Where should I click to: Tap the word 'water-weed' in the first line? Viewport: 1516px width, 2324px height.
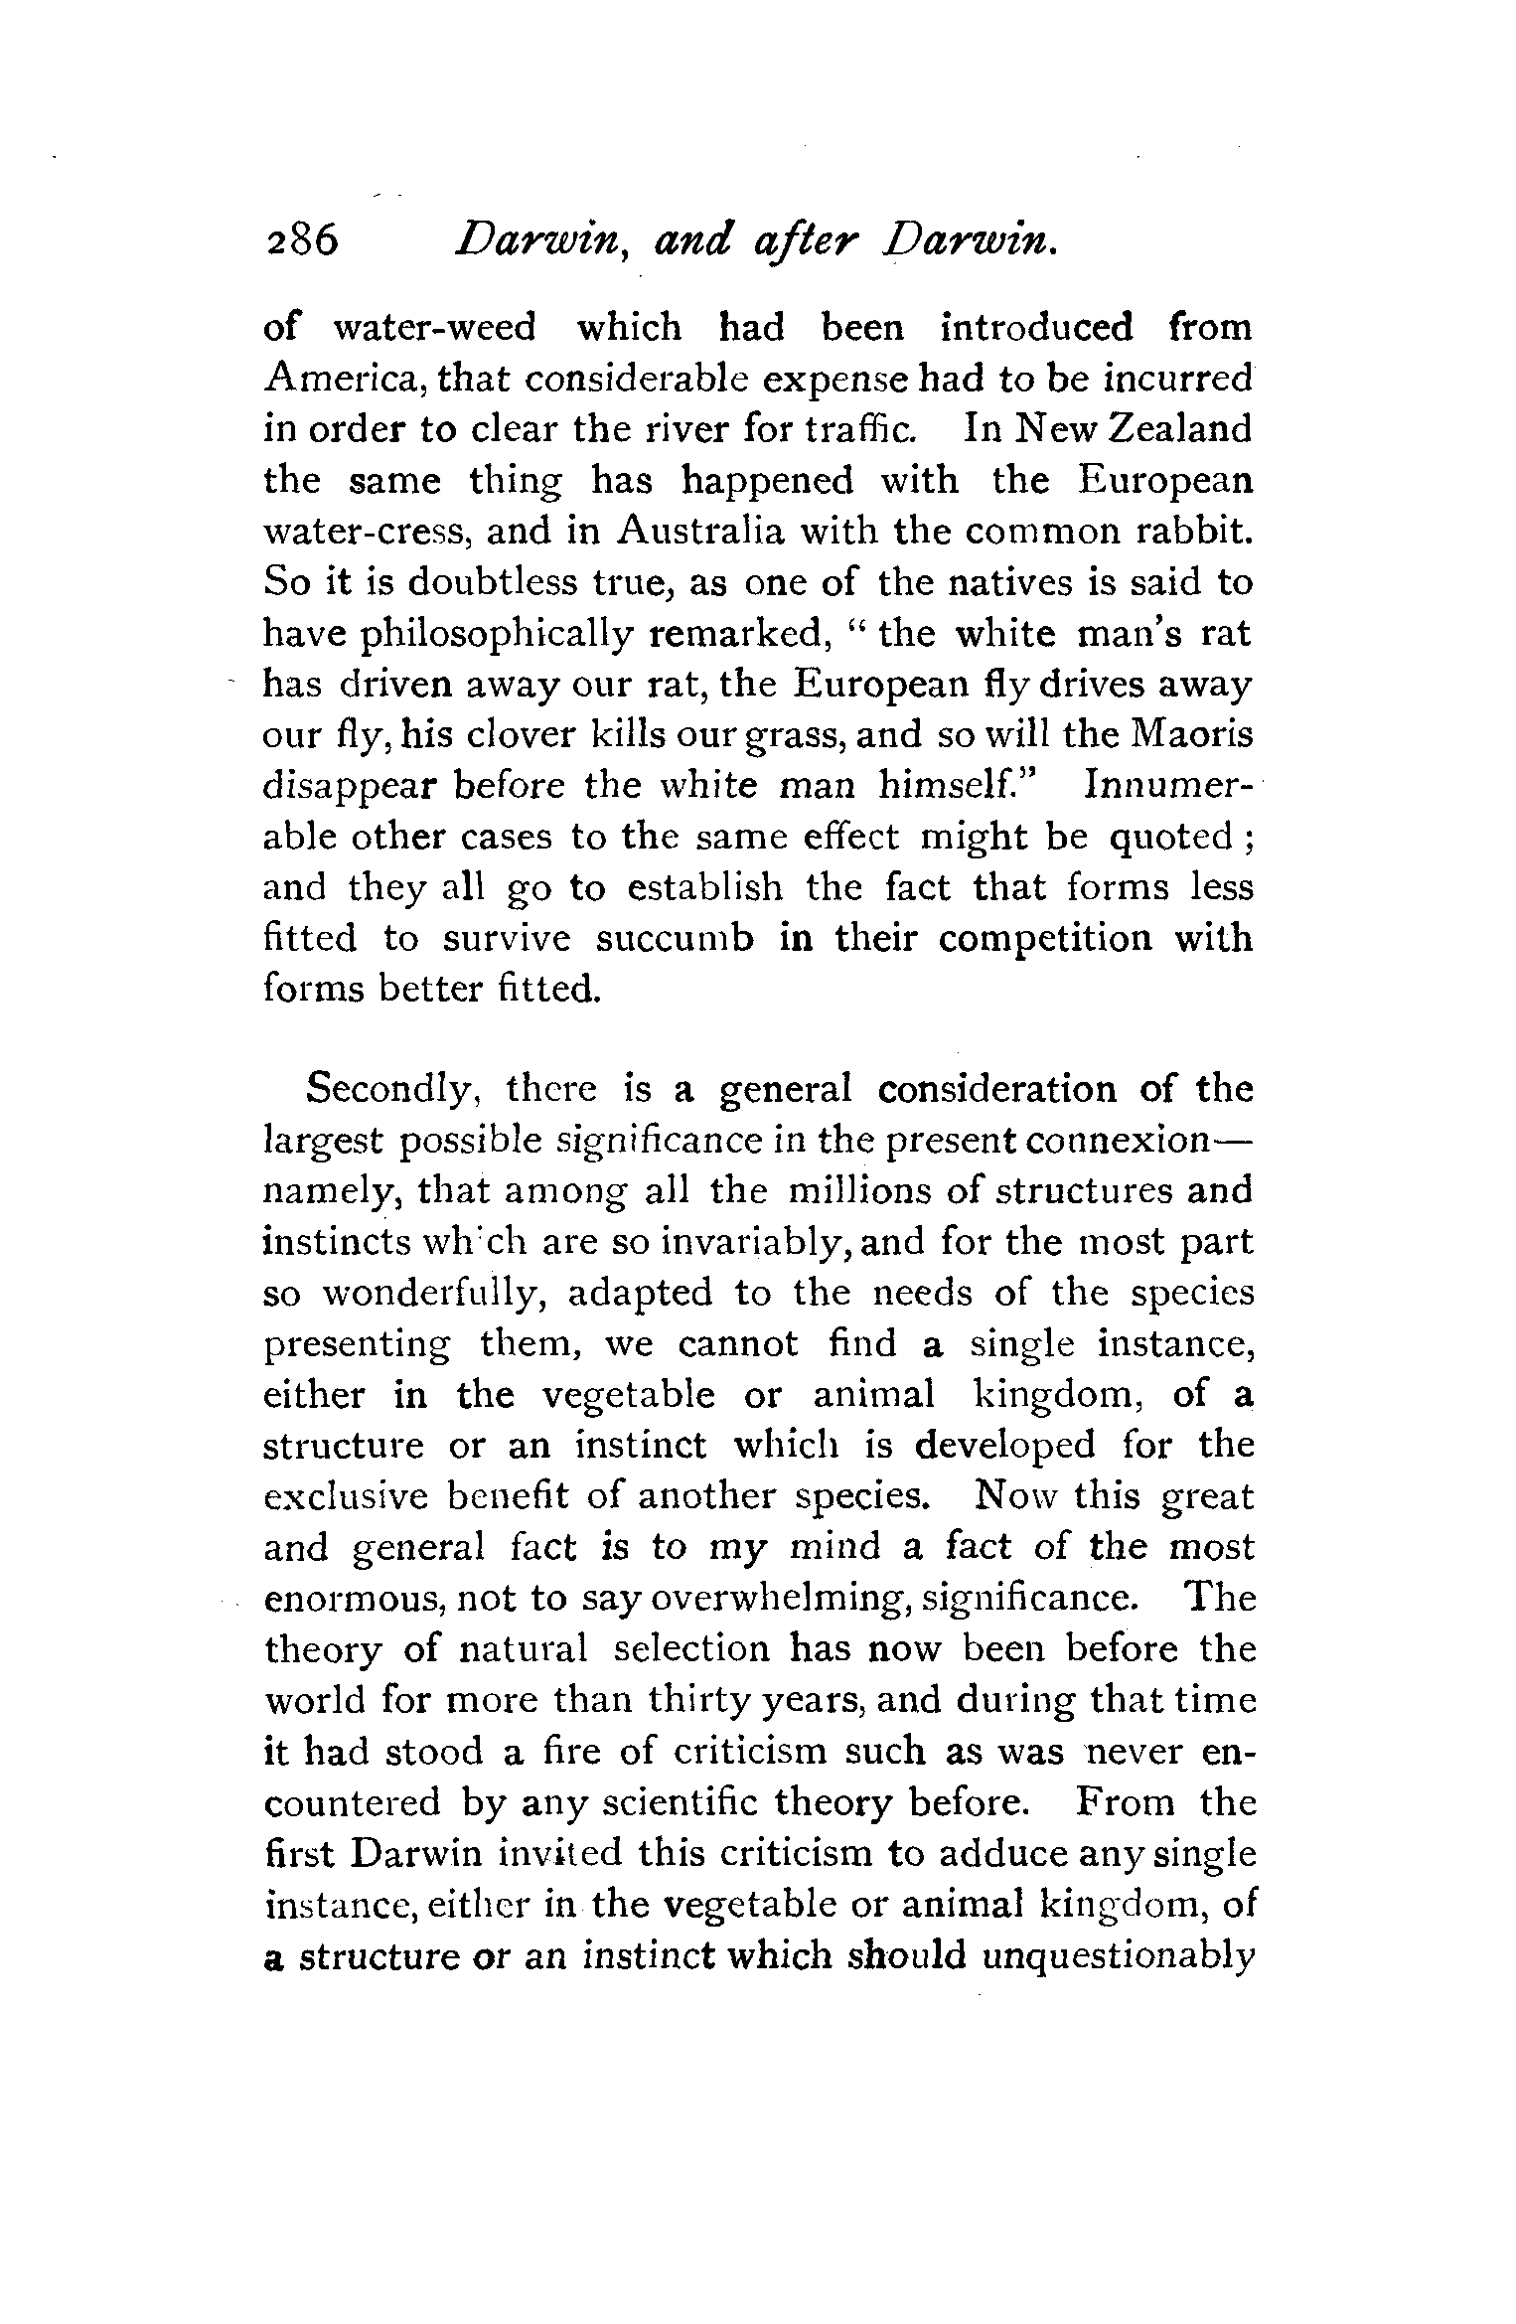pos(434,327)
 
